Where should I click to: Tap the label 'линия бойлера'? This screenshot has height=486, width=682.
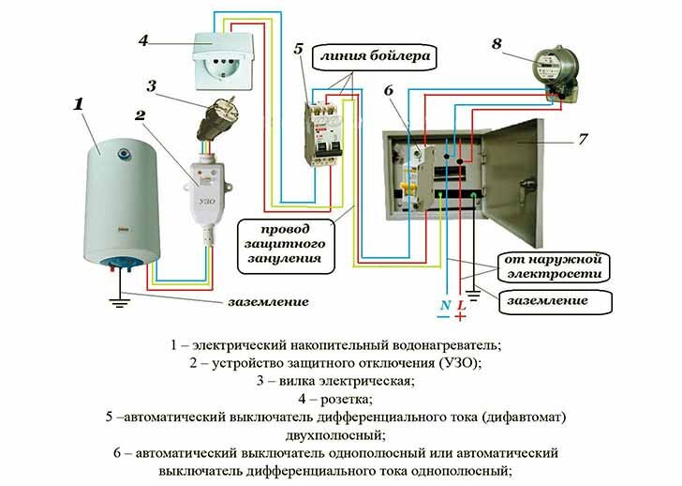pyautogui.click(x=385, y=57)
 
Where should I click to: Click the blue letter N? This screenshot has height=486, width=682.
pyautogui.click(x=444, y=306)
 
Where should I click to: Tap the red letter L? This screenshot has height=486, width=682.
pyautogui.click(x=461, y=306)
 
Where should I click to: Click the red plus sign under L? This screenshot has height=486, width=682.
pyautogui.click(x=461, y=319)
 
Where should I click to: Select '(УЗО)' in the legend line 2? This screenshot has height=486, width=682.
pyautogui.click(x=460, y=362)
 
